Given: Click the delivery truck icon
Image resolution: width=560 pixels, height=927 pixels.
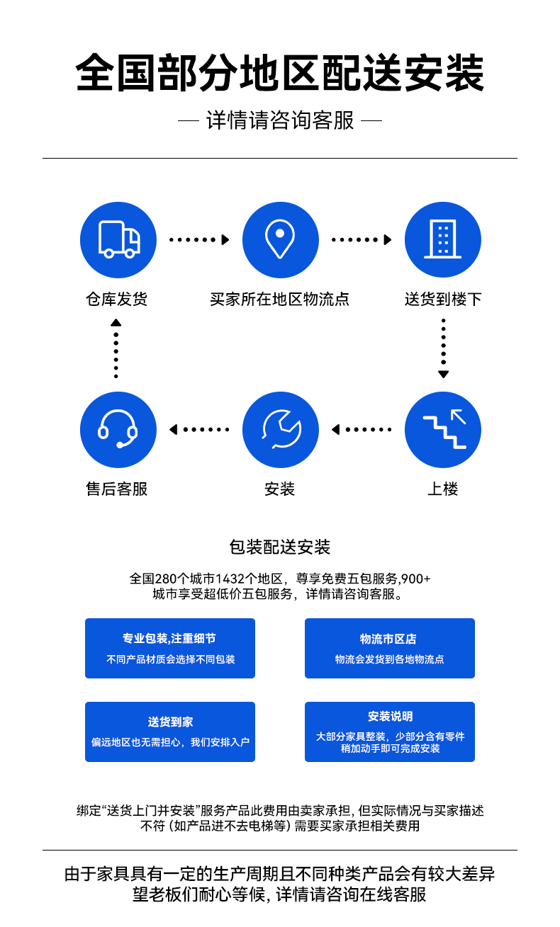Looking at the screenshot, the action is point(118,239).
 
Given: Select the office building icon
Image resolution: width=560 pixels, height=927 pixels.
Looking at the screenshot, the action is point(443,239).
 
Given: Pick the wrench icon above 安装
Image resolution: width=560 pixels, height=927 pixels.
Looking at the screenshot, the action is point(281,430).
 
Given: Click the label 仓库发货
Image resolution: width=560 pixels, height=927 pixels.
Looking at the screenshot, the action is point(117,299).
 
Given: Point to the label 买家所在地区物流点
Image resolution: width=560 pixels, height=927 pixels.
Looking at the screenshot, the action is point(279,299).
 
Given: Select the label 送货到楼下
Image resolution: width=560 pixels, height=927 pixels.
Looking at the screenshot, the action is point(443,299).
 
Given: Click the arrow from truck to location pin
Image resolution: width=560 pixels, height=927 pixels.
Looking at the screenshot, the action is point(199,239).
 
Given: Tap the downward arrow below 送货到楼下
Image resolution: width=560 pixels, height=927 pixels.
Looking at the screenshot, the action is point(443,348).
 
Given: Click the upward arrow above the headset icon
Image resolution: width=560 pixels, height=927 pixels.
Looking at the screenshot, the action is point(116,348).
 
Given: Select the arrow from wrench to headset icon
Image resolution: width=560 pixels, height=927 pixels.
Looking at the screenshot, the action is point(199,430).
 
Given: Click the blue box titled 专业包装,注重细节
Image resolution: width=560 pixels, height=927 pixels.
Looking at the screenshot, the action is point(170,648).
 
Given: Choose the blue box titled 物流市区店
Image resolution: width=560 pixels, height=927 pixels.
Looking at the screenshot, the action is point(390,648).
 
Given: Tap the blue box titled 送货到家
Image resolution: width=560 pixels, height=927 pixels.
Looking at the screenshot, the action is point(170,732).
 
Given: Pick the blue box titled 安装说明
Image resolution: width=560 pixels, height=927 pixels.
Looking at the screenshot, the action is point(390,732).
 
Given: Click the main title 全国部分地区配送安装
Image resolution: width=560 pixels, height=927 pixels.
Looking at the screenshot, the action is point(279,73).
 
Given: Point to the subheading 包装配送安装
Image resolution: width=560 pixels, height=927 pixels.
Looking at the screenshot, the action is point(279,547).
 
